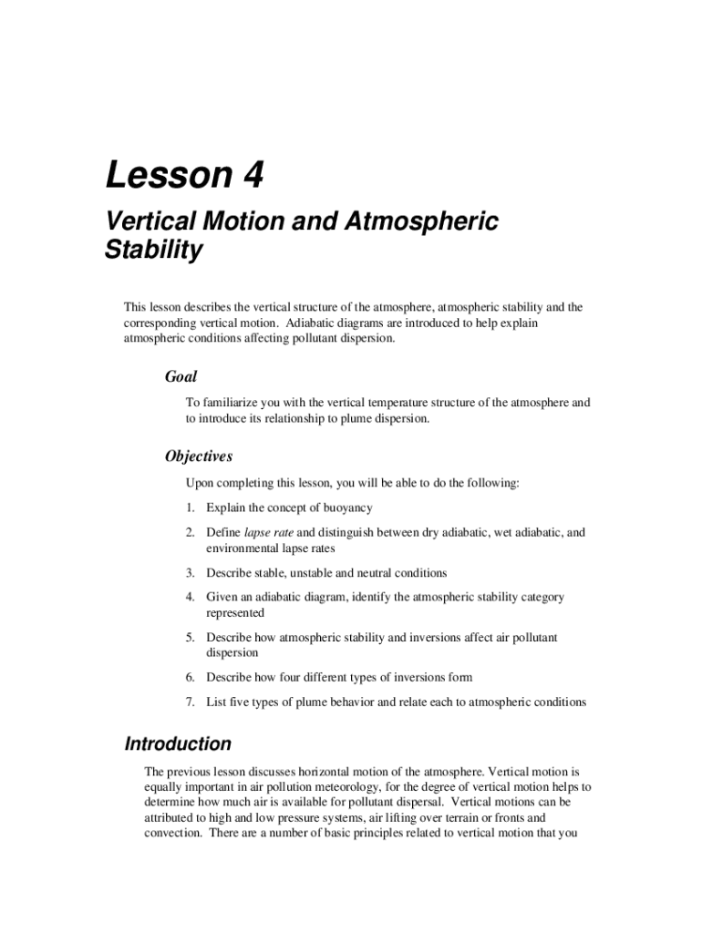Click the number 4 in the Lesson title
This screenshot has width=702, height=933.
pyautogui.click(x=252, y=176)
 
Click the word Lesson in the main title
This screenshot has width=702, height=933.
pyautogui.click(x=167, y=176)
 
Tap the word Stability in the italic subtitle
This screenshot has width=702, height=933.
pyautogui.click(x=154, y=251)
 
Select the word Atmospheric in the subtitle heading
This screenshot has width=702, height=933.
pyautogui.click(x=435, y=221)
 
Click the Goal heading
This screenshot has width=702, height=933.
pyautogui.click(x=181, y=376)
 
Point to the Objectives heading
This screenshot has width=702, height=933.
pyautogui.click(x=199, y=456)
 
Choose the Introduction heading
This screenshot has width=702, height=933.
pyautogui.click(x=178, y=743)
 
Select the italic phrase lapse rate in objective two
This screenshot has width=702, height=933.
pyautogui.click(x=269, y=532)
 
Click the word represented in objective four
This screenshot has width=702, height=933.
pyautogui.click(x=236, y=613)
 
